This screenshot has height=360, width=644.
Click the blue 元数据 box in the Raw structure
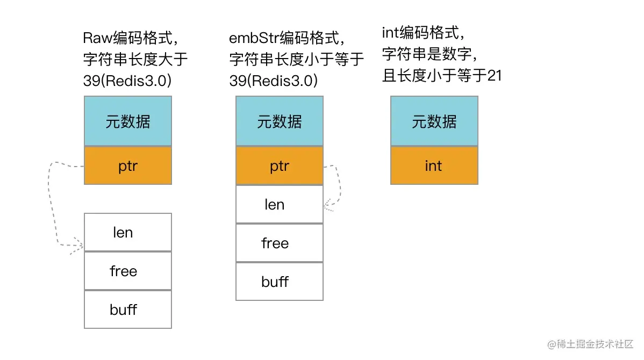pyautogui.click(x=128, y=121)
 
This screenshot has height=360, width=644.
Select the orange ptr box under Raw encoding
pyautogui.click(x=128, y=165)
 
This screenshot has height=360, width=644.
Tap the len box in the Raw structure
pyautogui.click(x=128, y=232)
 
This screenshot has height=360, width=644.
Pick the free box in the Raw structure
pyautogui.click(x=128, y=271)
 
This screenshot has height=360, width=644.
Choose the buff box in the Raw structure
pyautogui.click(x=128, y=309)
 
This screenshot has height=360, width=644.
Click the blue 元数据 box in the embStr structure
pyautogui.click(x=280, y=121)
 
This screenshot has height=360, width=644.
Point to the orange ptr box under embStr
pyautogui.click(x=280, y=165)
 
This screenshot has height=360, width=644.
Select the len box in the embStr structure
pyautogui.click(x=280, y=204)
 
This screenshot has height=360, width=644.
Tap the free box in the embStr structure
pyautogui.click(x=280, y=243)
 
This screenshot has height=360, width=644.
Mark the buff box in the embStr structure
pyautogui.click(x=280, y=282)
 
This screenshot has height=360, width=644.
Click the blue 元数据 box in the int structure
pyautogui.click(x=434, y=121)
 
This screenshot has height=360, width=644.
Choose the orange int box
pyautogui.click(x=434, y=165)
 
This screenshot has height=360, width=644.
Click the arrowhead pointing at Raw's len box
pyautogui.click(x=81, y=247)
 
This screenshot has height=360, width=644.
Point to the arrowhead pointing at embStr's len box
pyautogui.click(x=327, y=205)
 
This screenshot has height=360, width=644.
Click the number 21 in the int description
pyautogui.click(x=494, y=76)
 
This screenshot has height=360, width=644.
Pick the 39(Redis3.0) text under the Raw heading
pyautogui.click(x=127, y=80)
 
